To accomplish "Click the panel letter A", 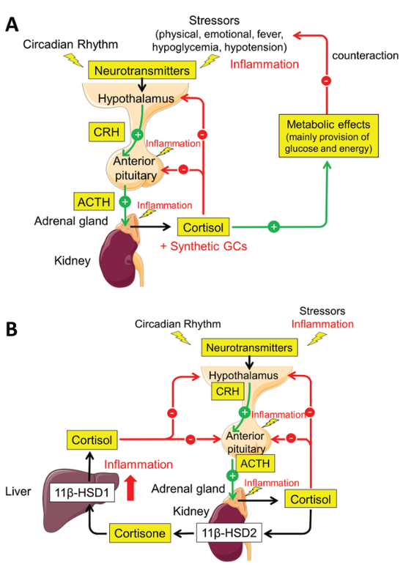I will click(x=13, y=23).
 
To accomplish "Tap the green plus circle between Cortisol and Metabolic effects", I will click(x=273, y=227).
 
